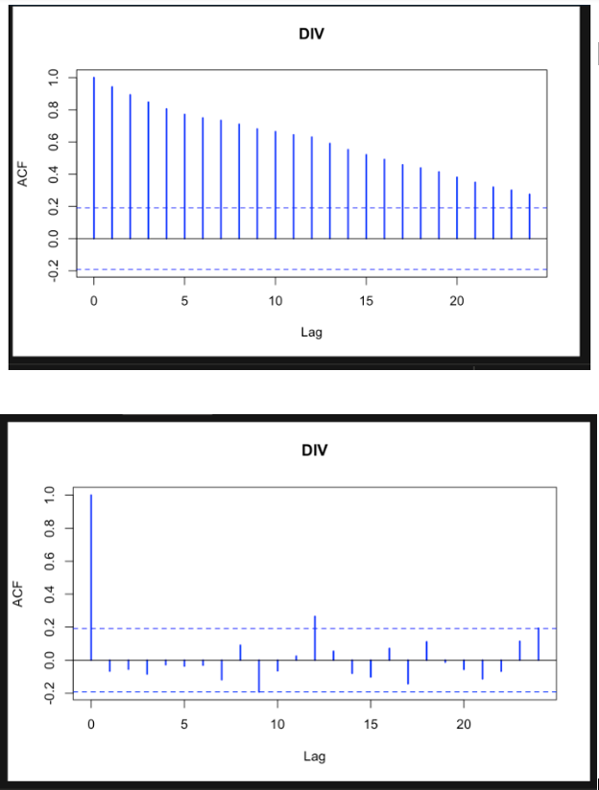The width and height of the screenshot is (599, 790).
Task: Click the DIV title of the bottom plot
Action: [314, 450]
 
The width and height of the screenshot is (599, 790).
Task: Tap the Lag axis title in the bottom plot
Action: [314, 755]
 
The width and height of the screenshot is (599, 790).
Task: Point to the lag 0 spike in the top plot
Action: [94, 157]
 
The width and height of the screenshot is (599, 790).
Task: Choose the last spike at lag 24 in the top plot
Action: [529, 216]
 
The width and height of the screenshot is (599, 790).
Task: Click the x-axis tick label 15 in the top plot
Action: [366, 300]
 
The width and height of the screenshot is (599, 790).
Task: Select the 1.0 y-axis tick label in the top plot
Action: [53, 78]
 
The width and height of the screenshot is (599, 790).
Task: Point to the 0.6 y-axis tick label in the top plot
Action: [53, 142]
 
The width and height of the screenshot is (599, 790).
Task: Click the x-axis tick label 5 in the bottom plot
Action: [184, 723]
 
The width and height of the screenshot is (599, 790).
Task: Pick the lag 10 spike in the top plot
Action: [276, 184]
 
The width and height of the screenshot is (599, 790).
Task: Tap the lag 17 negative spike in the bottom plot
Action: [408, 671]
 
